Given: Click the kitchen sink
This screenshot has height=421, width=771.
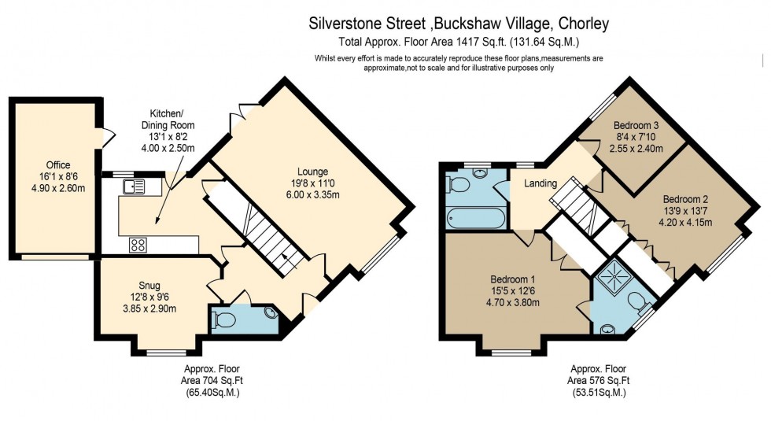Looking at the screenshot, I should [135, 186].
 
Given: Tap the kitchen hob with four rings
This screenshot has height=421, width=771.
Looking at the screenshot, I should [138, 245].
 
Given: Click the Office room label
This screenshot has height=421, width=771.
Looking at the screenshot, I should [58, 164].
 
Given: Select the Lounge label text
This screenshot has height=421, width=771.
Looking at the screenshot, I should [312, 172].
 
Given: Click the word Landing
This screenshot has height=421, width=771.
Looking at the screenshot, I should [541, 183].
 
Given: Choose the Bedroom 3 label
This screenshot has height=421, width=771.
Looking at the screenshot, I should [636, 126].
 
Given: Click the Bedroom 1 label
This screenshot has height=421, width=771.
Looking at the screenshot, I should [513, 279].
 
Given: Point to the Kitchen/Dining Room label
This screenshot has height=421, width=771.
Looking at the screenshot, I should [168, 119].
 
